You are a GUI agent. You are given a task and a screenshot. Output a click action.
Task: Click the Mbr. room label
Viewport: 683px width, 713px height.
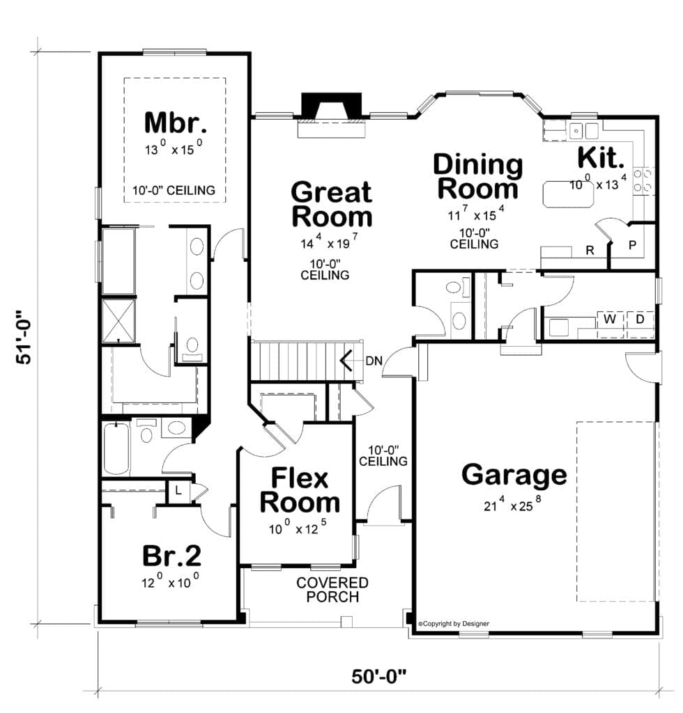pyautogui.click(x=176, y=123)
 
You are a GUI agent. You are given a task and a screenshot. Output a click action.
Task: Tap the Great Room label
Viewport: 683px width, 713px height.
pyautogui.click(x=332, y=204)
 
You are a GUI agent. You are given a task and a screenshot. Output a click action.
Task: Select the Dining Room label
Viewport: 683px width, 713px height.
pyautogui.click(x=478, y=176)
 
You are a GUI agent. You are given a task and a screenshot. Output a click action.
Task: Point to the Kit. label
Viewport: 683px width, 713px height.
pyautogui.click(x=601, y=157)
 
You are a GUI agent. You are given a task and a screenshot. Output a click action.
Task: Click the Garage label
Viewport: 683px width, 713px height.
pyautogui.click(x=514, y=475)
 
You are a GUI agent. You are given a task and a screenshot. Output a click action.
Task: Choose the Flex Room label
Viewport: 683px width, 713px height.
pyautogui.click(x=300, y=490)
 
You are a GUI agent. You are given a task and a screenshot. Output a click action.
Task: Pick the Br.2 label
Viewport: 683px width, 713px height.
pyautogui.click(x=171, y=555)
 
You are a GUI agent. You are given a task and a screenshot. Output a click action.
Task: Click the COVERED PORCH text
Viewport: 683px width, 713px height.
pyautogui.click(x=332, y=589)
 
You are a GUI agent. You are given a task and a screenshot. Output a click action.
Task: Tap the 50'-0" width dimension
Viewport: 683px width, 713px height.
pyautogui.click(x=378, y=677)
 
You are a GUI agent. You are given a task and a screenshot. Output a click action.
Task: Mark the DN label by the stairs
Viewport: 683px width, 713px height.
pyautogui.click(x=374, y=361)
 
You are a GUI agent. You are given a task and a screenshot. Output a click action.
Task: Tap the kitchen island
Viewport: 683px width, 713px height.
pyautogui.click(x=569, y=194)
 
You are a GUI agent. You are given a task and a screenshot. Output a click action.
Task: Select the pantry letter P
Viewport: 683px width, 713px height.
pyautogui.click(x=633, y=245)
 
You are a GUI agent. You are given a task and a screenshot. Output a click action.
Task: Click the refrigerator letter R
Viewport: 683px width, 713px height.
pyautogui.click(x=590, y=250)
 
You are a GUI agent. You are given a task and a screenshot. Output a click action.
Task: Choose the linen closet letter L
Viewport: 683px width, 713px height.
pyautogui.click(x=178, y=491)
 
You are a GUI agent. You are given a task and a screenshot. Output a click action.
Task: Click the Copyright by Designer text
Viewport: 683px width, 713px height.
pyautogui.click(x=454, y=623)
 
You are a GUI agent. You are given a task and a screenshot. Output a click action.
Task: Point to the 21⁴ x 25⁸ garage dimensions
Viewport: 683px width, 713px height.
pyautogui.click(x=512, y=504)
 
